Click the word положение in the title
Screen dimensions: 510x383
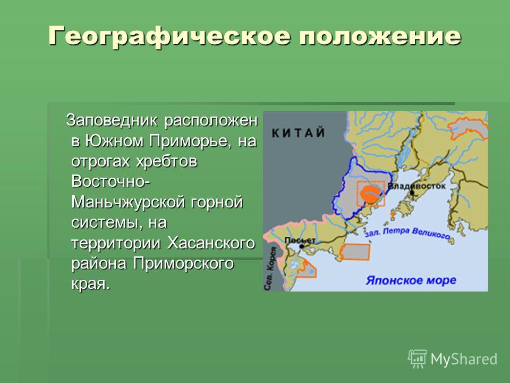pos(380,36)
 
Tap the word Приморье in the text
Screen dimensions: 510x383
pos(190,141)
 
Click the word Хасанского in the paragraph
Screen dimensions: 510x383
pos(211,243)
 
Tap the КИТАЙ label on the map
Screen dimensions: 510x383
pos(298,133)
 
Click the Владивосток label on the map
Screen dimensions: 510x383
pos(417,186)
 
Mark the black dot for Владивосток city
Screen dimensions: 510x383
pos(412,193)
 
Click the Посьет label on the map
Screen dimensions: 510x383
pos(300,240)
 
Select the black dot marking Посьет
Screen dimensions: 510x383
pos(302,246)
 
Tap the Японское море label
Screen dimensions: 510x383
pos(411,280)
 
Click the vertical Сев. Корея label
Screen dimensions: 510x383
pos(269,269)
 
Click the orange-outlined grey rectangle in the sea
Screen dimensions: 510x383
pos(355,252)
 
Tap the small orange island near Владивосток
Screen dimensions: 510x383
pos(393,214)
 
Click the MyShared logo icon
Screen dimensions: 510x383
pos(418,359)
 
